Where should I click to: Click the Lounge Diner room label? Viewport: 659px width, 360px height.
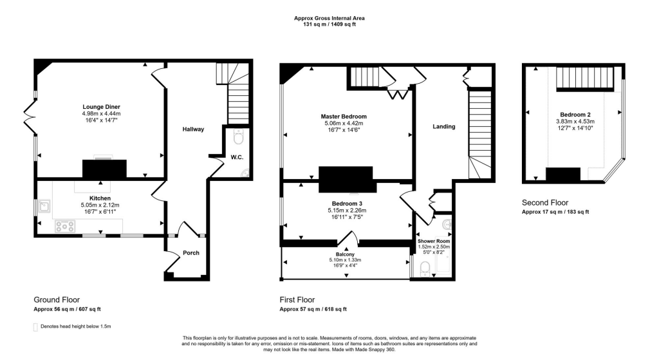pyautogui.click(x=101, y=106)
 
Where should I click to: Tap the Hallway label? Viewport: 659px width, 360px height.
pyautogui.click(x=193, y=129)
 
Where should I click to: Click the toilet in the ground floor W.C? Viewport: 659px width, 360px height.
pyautogui.click(x=239, y=137)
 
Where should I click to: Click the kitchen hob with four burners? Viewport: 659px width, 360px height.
pyautogui.click(x=65, y=226)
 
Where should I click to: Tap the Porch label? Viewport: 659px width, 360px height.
pyautogui.click(x=190, y=252)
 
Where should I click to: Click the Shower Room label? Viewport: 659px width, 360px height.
pyautogui.click(x=434, y=241)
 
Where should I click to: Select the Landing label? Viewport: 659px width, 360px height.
pyautogui.click(x=444, y=127)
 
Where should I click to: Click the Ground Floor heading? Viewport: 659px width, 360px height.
pyautogui.click(x=57, y=300)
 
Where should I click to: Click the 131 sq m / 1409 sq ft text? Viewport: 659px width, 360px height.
pyautogui.click(x=329, y=24)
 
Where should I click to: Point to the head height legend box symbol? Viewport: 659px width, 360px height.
pyautogui.click(x=35, y=327)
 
